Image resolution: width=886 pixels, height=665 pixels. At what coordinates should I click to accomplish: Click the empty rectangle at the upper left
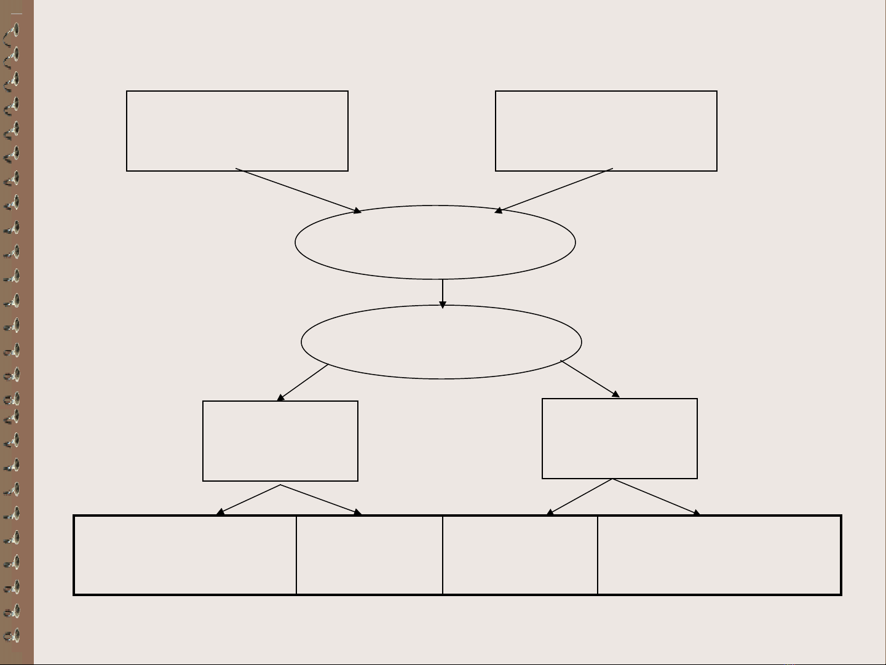pos(237,130)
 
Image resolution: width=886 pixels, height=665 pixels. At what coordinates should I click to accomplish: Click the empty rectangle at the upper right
pos(606,130)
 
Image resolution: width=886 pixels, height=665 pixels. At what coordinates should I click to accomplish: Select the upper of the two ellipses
pos(435,242)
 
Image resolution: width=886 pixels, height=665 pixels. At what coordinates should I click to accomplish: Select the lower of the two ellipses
pos(441,341)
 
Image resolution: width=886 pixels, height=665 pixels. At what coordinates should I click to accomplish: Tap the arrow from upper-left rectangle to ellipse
pos(298,191)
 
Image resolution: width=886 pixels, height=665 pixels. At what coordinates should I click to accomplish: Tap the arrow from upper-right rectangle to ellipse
pos(554,191)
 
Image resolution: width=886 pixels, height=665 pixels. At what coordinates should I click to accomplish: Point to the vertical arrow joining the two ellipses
pos(442,293)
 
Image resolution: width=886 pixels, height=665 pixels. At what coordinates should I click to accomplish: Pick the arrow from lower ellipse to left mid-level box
pos(303,383)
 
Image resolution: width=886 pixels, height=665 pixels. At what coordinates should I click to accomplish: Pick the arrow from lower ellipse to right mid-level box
pos(590,379)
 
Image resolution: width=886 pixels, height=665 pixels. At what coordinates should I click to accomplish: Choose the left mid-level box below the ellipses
pos(280,440)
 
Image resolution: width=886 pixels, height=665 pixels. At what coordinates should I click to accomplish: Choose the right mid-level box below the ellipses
pos(619,438)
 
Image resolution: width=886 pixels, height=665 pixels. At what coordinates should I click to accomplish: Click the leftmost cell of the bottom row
pos(184,555)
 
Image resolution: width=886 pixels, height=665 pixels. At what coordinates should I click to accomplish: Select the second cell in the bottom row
pos(369,555)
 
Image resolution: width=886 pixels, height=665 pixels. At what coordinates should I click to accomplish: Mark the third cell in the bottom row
pos(520,555)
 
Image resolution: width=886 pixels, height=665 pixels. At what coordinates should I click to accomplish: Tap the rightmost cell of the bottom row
pos(719,555)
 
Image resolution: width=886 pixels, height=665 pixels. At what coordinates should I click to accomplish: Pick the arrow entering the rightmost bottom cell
pos(656,496)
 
